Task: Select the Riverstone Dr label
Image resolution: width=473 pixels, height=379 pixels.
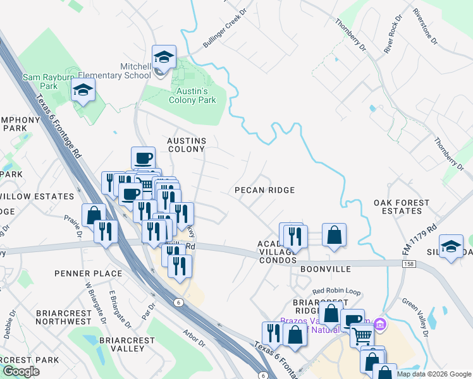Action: (425, 27)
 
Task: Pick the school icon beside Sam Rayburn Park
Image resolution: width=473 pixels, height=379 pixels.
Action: (83, 91)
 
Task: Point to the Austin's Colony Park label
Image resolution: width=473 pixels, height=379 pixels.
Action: (192, 95)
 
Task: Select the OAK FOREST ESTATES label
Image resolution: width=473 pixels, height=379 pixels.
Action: (401, 207)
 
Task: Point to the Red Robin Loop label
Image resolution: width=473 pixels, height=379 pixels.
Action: (336, 292)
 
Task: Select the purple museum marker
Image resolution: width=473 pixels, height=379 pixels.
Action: (379, 325)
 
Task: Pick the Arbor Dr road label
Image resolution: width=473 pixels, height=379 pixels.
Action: (193, 342)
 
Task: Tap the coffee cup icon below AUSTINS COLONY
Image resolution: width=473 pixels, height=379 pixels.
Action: (143, 157)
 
